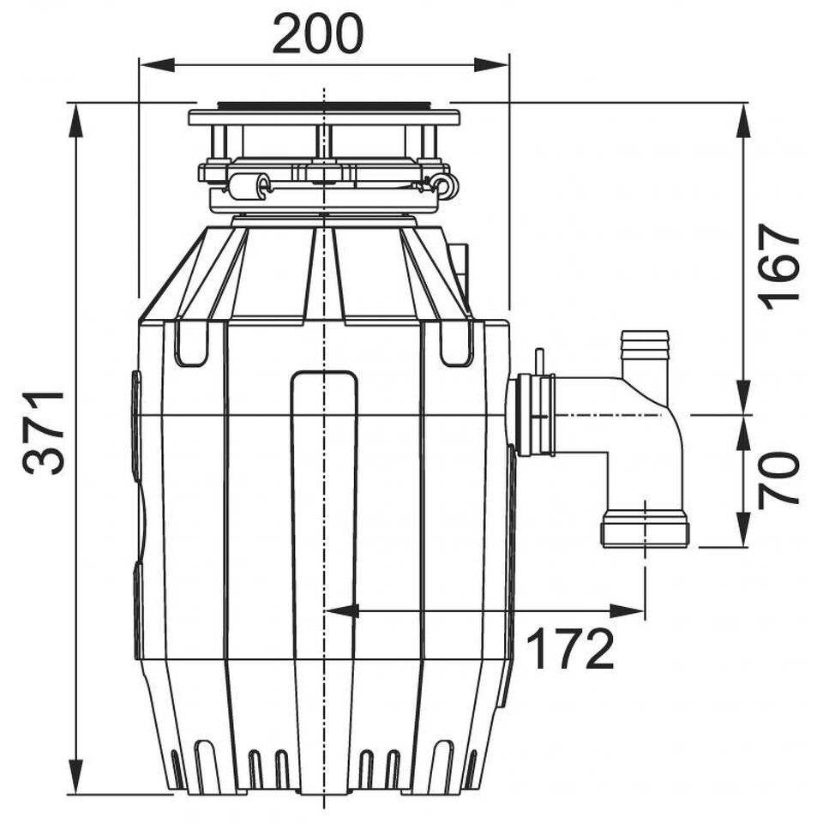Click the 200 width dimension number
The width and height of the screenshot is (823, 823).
[x=317, y=33]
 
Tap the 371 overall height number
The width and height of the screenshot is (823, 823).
[x=44, y=432]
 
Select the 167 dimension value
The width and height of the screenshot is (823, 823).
[x=778, y=267]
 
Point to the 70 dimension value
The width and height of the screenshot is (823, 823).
[x=778, y=478]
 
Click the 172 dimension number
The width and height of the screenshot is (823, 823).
[x=569, y=649]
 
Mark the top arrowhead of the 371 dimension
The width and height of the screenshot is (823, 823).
[x=76, y=122]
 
